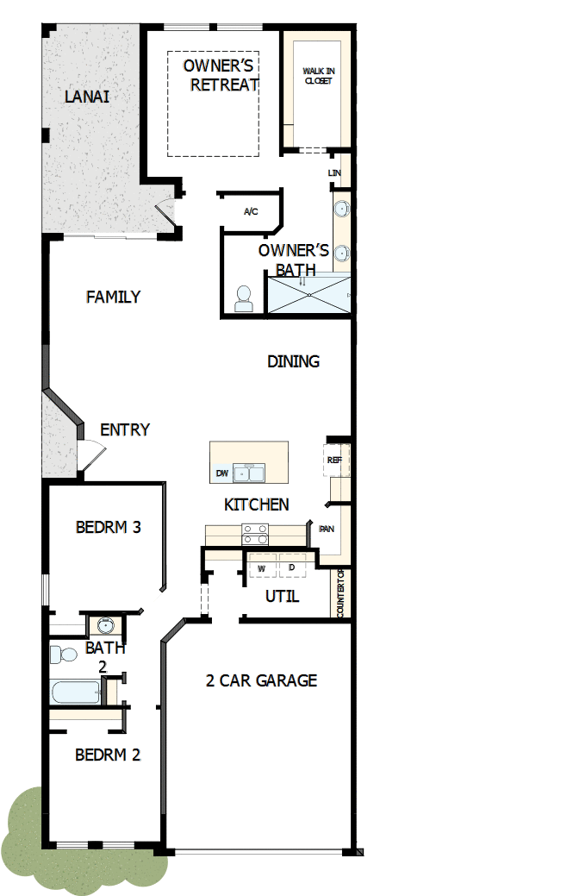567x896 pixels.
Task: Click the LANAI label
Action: coord(87,96)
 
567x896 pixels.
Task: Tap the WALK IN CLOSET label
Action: coord(317,76)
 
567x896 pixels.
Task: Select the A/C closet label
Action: coord(251,211)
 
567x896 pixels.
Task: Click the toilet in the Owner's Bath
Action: coord(244,298)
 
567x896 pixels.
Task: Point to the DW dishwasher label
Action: coord(222,474)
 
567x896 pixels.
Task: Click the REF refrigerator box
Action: coord(335,461)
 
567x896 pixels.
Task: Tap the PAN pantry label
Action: coord(327,529)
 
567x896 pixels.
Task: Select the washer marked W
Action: coord(261,567)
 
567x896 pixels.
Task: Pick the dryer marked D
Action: coord(292,567)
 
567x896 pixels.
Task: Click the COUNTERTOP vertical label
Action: coord(341,592)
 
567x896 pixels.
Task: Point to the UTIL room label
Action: coord(282,596)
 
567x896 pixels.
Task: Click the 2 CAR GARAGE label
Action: coord(261,680)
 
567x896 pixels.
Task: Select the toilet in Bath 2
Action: coord(63,655)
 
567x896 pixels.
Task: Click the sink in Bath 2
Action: coord(105,625)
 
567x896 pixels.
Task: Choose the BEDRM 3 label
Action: coord(108,527)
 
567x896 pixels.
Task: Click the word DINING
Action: coord(293,361)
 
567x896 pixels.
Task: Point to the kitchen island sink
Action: coord(251,473)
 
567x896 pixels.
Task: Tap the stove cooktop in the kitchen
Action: coord(255,534)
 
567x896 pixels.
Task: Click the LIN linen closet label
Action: coord(335,173)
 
